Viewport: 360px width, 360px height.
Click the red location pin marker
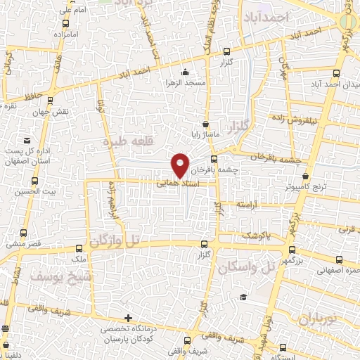point(180,165)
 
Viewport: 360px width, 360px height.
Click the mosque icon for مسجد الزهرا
point(185,72)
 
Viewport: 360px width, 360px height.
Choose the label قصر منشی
point(25,244)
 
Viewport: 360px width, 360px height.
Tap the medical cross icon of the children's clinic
point(127,318)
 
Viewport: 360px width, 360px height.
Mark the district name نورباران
point(318,319)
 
